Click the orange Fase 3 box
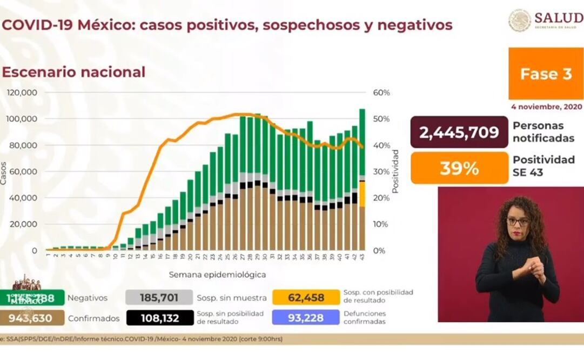[x=546, y=74]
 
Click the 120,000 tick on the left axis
[x=22, y=92]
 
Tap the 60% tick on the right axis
[x=381, y=92]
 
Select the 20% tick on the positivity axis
[x=381, y=198]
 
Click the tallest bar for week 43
[x=362, y=178]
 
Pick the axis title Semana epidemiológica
[x=217, y=275]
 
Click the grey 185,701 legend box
[x=159, y=297]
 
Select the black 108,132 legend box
[x=159, y=318]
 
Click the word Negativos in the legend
[x=88, y=298]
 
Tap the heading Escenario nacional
[x=74, y=72]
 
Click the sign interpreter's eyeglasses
[x=518, y=222]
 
